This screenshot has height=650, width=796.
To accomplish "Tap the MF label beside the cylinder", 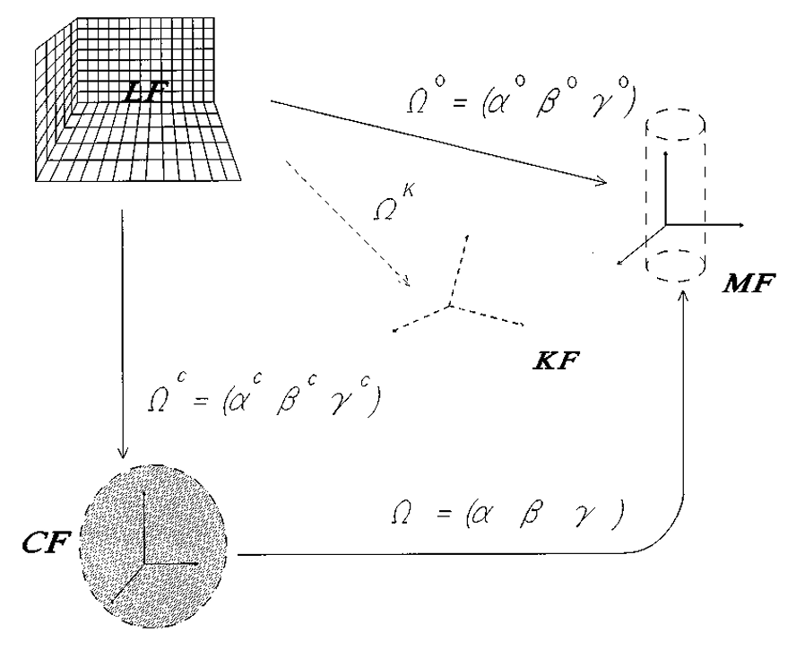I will [754, 285].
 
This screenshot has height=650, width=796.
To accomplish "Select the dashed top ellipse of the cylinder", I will [673, 126].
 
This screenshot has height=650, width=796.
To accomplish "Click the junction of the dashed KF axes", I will [450, 305].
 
